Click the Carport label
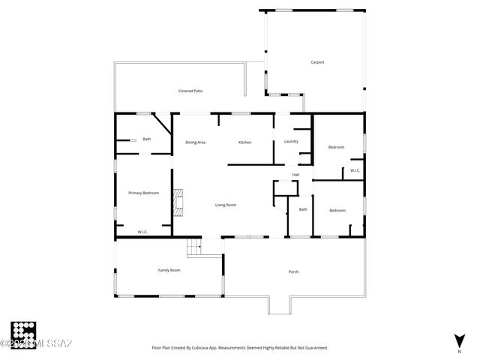317,61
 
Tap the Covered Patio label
190,91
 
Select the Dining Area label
196,142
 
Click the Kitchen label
244,142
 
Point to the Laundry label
291,142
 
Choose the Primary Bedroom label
143,193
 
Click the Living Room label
226,205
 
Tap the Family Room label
169,270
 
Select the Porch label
293,271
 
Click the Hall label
296,175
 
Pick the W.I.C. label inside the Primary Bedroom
142,232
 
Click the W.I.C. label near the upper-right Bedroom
355,170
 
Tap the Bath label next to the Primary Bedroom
147,139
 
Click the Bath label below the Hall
303,209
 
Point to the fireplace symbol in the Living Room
178,202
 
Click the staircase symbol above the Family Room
195,245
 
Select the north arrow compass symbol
458,340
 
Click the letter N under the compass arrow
458,350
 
